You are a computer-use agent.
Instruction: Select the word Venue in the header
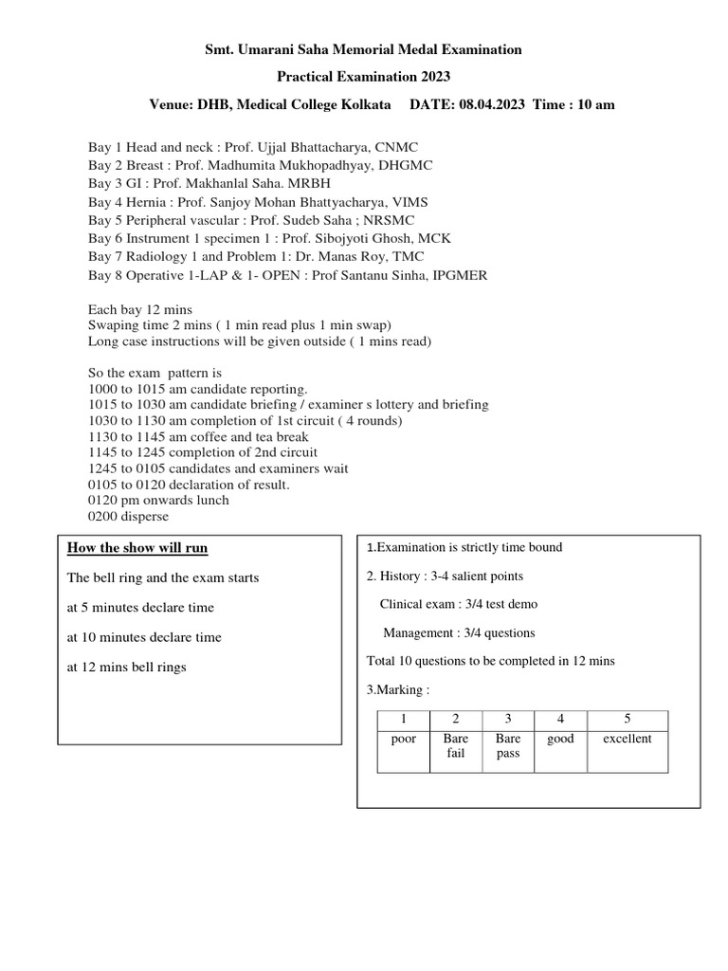point(173,105)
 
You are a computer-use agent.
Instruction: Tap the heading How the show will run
point(137,548)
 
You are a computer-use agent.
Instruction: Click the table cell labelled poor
point(403,739)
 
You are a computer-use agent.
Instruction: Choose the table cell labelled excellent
point(627,739)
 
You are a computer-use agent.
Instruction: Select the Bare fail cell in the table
point(455,746)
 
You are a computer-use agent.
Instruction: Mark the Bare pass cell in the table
point(507,746)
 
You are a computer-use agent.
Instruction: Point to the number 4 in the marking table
point(560,720)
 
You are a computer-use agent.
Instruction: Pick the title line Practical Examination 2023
point(363,77)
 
